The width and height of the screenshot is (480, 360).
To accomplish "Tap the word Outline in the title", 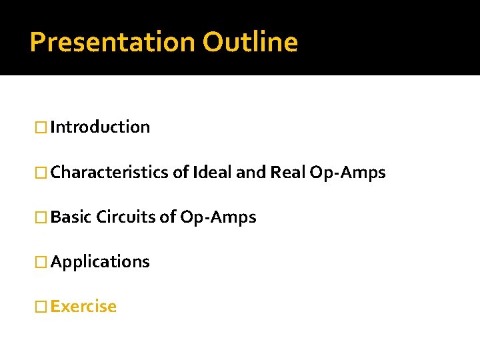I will pyautogui.click(x=250, y=42).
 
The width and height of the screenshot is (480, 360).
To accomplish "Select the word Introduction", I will pyautogui.click(x=100, y=127).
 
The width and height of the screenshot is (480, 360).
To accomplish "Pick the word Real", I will pyautogui.click(x=287, y=173).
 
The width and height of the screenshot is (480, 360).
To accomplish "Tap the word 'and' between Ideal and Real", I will pyautogui.click(x=251, y=173).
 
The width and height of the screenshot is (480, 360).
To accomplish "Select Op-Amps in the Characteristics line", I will pyautogui.click(x=347, y=173).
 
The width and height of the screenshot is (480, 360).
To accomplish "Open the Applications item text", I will pyautogui.click(x=100, y=261).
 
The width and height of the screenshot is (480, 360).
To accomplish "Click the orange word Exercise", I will pyautogui.click(x=83, y=306).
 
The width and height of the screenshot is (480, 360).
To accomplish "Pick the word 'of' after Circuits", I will pyautogui.click(x=167, y=217).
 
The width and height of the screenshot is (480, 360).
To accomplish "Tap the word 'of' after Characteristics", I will pyautogui.click(x=180, y=173).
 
